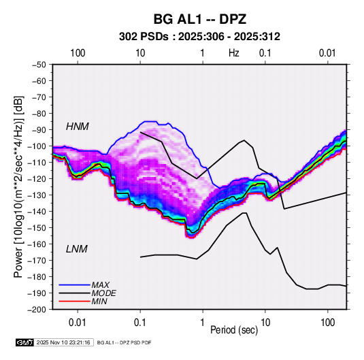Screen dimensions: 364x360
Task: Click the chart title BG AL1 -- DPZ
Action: coord(199,19)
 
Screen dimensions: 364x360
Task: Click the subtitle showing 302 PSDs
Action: coord(199,37)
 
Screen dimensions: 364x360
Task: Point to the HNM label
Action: coord(78,127)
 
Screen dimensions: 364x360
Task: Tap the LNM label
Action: coord(77,249)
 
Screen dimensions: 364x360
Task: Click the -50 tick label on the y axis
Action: coord(39,65)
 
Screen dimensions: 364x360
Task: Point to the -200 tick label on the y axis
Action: coord(37,310)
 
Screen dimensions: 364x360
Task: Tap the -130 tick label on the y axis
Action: coord(37,195)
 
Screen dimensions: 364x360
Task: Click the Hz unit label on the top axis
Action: coord(234,53)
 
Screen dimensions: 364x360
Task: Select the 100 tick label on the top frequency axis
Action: coord(78,53)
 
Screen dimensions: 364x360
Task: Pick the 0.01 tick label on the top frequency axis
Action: coord(327,53)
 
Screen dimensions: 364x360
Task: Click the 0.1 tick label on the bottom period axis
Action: coord(140,323)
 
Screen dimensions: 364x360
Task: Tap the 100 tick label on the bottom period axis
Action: coord(327,323)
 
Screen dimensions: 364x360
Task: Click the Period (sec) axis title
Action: coord(234,330)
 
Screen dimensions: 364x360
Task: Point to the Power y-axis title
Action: coord(18,187)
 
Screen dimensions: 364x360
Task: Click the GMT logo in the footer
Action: coord(24,342)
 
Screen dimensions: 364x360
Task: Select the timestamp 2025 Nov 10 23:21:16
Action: coord(63,342)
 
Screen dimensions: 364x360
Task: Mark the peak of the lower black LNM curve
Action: coord(244,213)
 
